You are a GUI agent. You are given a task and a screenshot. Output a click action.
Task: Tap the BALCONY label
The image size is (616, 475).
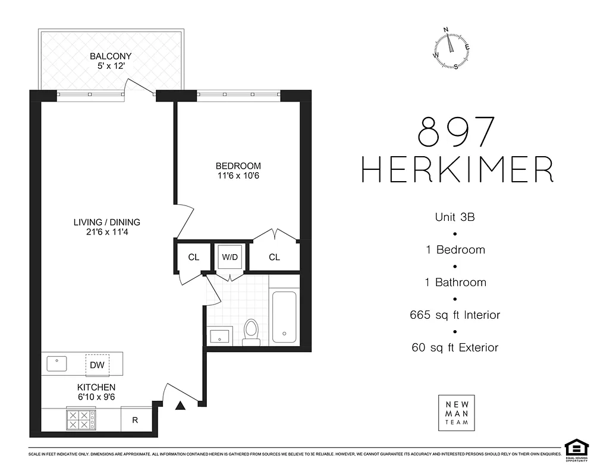click(111, 56)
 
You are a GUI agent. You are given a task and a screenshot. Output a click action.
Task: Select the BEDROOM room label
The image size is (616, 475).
click(238, 166)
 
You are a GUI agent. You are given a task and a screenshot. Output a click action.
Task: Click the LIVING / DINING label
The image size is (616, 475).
click(107, 222)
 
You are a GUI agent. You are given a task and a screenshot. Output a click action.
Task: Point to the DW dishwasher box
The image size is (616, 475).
click(97, 365)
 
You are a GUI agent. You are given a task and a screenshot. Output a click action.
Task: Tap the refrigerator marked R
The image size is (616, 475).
click(135, 420)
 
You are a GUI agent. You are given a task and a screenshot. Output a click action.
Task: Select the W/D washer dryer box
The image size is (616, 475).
click(230, 257)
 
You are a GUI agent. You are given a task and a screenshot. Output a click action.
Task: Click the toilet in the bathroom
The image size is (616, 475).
click(252, 331)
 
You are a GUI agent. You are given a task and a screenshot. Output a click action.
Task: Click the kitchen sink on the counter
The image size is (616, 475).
click(57, 363)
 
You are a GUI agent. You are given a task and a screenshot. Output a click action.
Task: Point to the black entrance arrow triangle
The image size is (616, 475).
click(181, 406)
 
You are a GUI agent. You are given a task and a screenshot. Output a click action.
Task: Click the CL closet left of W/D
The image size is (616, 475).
click(193, 257)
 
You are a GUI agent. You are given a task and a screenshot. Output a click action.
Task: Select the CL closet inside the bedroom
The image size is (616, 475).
click(274, 257)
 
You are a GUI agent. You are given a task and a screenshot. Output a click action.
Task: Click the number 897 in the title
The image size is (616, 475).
click(457, 132)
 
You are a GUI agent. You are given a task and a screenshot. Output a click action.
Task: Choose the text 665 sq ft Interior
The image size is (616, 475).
click(455, 315)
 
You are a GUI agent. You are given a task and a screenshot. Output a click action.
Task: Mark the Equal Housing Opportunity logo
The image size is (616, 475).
click(574, 449)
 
